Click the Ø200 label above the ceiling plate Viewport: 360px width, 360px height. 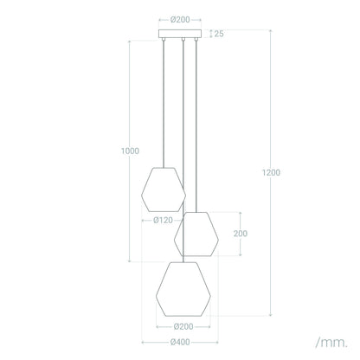pos(180,20)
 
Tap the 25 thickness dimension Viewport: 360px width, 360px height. pos(219,34)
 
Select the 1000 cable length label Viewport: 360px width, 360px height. pos(130,151)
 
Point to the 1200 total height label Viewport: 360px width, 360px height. pos(271,172)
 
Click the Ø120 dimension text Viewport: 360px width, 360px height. pos(164,221)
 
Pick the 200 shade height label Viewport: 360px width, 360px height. pos(241,234)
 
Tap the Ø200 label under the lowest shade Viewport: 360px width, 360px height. pos(183,326)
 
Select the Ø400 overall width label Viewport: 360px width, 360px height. pos(180,342)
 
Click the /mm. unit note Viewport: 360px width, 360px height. pos(331,343)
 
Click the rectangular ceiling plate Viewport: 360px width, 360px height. pos(180,34)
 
